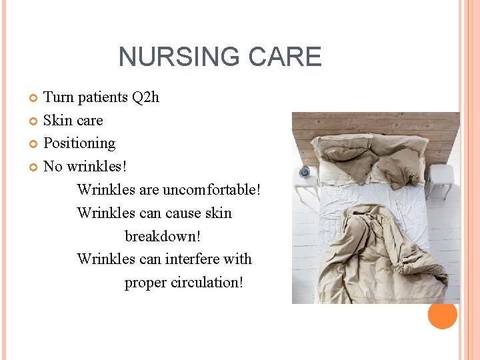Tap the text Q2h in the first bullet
[x=145, y=97]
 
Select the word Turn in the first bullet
[x=58, y=97]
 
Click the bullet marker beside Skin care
[x=35, y=121]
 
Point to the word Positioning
[x=79, y=143]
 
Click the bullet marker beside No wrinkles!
[x=35, y=167]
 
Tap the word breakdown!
[x=162, y=236]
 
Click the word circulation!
[x=207, y=282]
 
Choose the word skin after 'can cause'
[x=218, y=213]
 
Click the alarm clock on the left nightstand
[x=305, y=172]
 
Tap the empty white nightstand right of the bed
[x=441, y=179]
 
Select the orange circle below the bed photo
[x=442, y=314]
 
